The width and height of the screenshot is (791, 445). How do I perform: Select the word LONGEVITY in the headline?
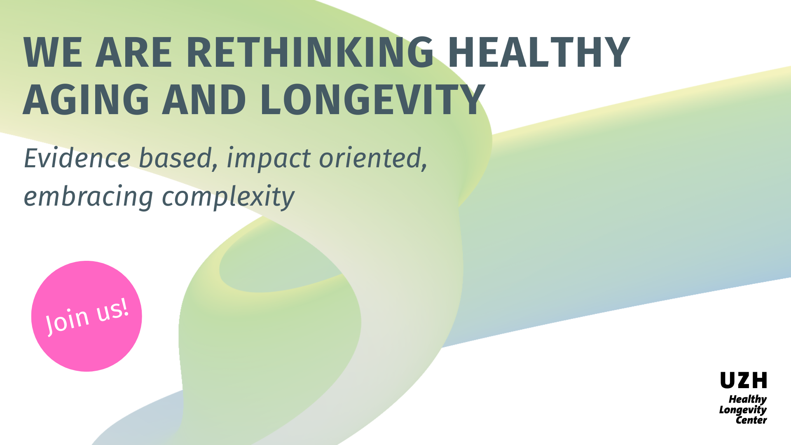[372, 99]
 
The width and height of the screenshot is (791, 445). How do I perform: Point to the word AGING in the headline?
[86, 99]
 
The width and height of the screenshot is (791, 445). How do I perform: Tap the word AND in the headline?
[204, 99]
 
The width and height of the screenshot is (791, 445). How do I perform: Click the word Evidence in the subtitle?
[77, 158]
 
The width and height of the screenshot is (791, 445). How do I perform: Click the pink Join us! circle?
[87, 316]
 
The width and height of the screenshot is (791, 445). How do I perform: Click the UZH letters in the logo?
[744, 380]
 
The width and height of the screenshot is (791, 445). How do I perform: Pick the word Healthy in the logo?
[747, 400]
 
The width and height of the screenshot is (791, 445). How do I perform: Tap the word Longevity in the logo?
[743, 410]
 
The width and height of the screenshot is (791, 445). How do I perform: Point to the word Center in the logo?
[751, 420]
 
